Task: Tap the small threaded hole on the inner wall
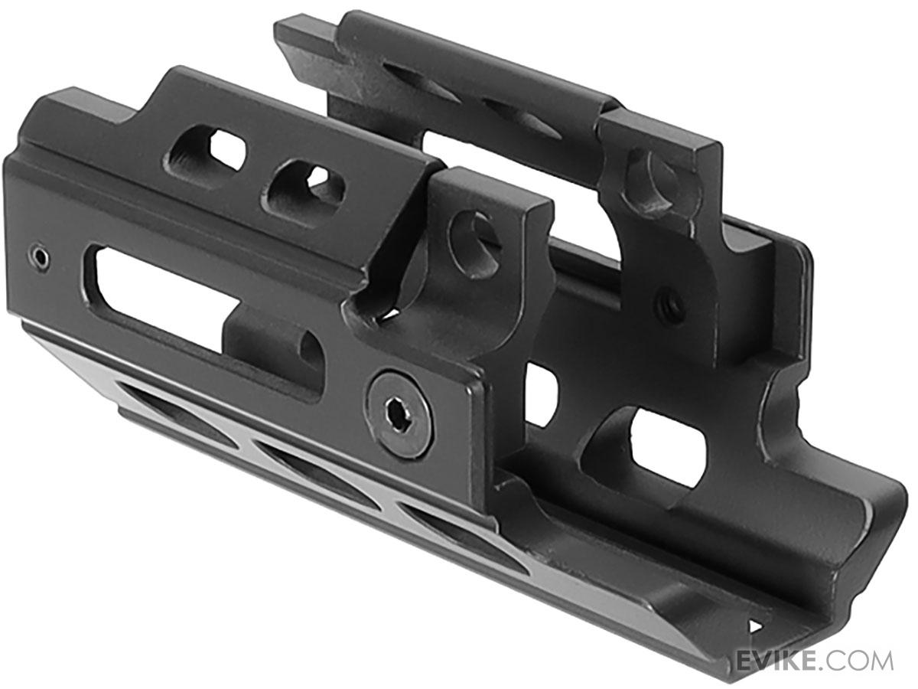click(670, 305)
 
